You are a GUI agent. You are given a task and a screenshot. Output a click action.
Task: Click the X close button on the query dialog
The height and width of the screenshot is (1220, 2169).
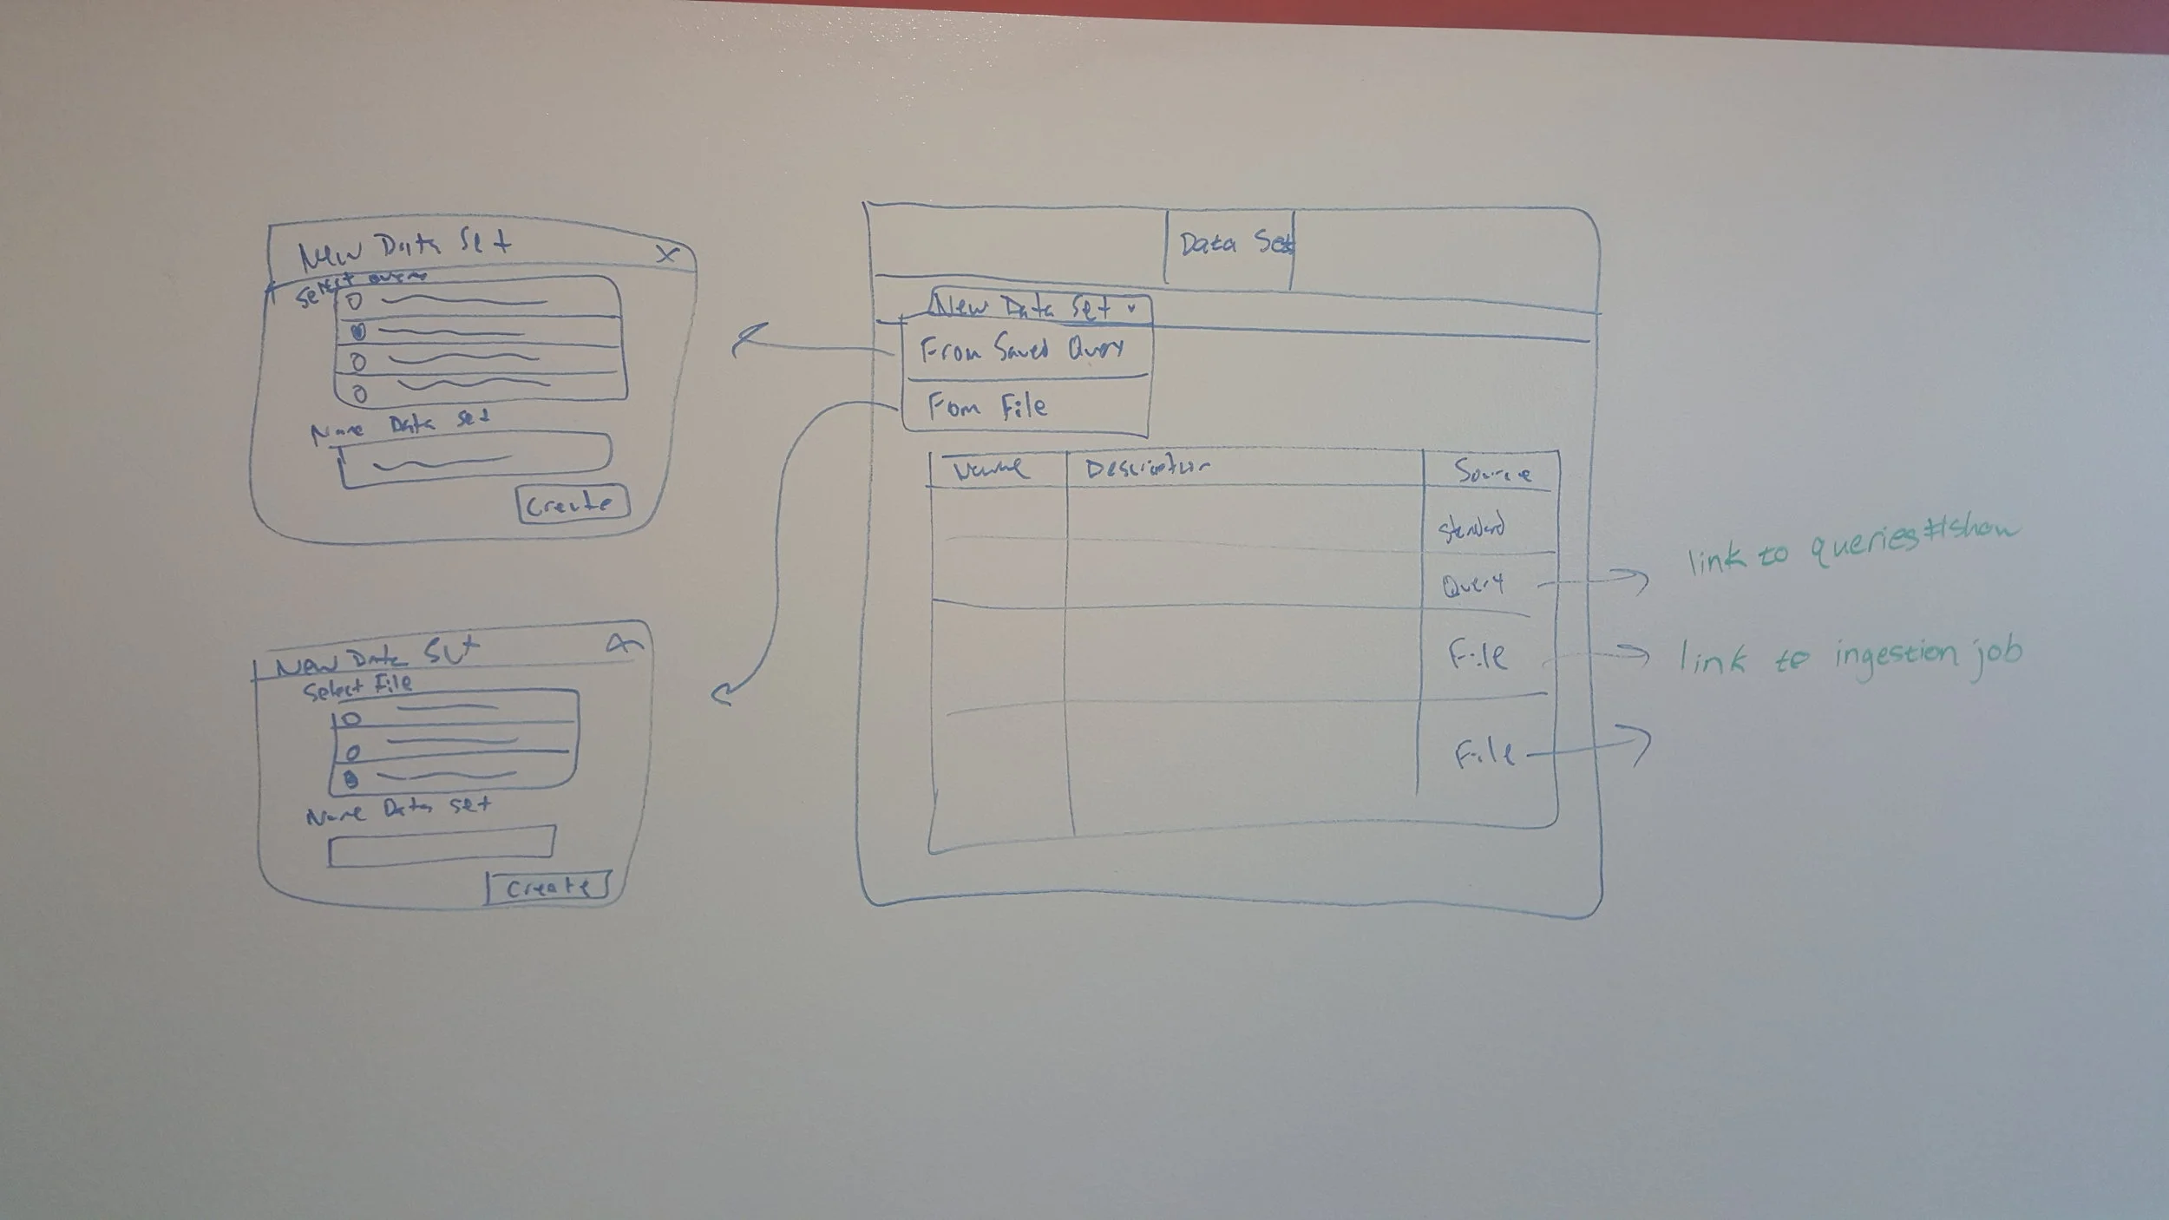click(665, 254)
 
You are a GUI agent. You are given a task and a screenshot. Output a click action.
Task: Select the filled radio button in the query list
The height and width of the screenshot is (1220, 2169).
click(358, 331)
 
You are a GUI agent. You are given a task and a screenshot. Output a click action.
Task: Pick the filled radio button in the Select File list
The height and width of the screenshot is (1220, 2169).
click(351, 779)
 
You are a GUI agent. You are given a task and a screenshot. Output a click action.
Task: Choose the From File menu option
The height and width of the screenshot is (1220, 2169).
click(987, 407)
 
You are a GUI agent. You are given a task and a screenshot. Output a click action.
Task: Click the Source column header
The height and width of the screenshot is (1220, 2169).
click(1492, 473)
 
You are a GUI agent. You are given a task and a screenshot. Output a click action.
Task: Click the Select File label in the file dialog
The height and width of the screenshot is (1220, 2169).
click(357, 687)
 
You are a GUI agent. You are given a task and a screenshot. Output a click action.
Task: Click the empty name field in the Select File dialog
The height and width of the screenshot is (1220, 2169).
click(442, 844)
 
